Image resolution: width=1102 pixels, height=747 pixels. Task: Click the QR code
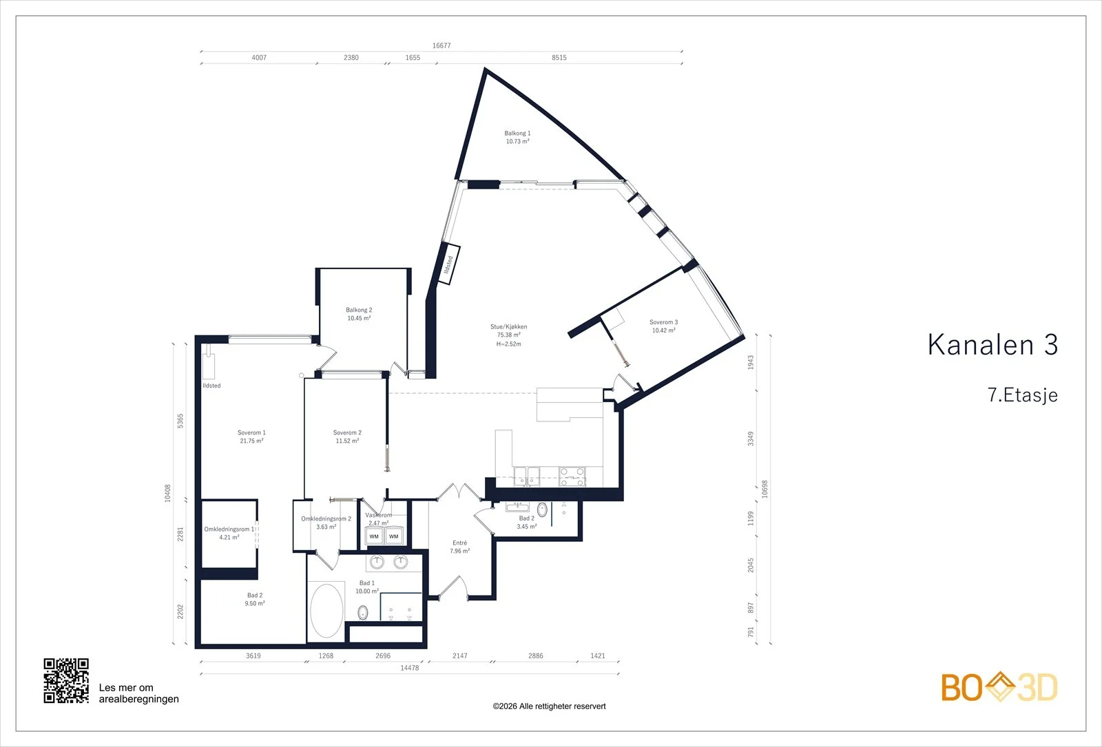pyautogui.click(x=66, y=681)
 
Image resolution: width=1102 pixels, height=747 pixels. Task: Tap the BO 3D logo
pyautogui.click(x=999, y=687)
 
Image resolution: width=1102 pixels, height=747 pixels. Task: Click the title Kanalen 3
pyautogui.click(x=992, y=345)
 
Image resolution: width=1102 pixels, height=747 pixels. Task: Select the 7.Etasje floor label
pyautogui.click(x=1022, y=395)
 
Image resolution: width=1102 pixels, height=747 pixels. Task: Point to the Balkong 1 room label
pyautogui.click(x=517, y=137)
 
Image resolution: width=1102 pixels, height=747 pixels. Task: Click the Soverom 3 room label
pyautogui.click(x=664, y=326)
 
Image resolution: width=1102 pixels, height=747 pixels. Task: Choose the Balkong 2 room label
pyautogui.click(x=359, y=314)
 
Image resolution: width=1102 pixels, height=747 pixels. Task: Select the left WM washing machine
pyautogui.click(x=374, y=536)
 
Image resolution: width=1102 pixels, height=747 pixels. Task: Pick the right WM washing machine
pyautogui.click(x=393, y=536)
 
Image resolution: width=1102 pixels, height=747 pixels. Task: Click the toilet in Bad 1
pyautogui.click(x=362, y=613)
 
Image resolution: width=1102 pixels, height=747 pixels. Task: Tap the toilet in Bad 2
pyautogui.click(x=541, y=509)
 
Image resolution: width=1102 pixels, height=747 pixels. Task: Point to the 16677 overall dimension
pyautogui.click(x=441, y=45)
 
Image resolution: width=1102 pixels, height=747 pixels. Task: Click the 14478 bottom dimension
pyautogui.click(x=409, y=668)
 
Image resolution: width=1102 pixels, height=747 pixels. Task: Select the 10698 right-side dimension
pyautogui.click(x=765, y=490)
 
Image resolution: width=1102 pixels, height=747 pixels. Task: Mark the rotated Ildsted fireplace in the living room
pyautogui.click(x=449, y=264)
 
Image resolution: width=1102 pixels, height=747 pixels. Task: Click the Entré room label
pyautogui.click(x=459, y=547)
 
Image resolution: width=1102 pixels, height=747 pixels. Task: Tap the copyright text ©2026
pyautogui.click(x=549, y=706)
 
